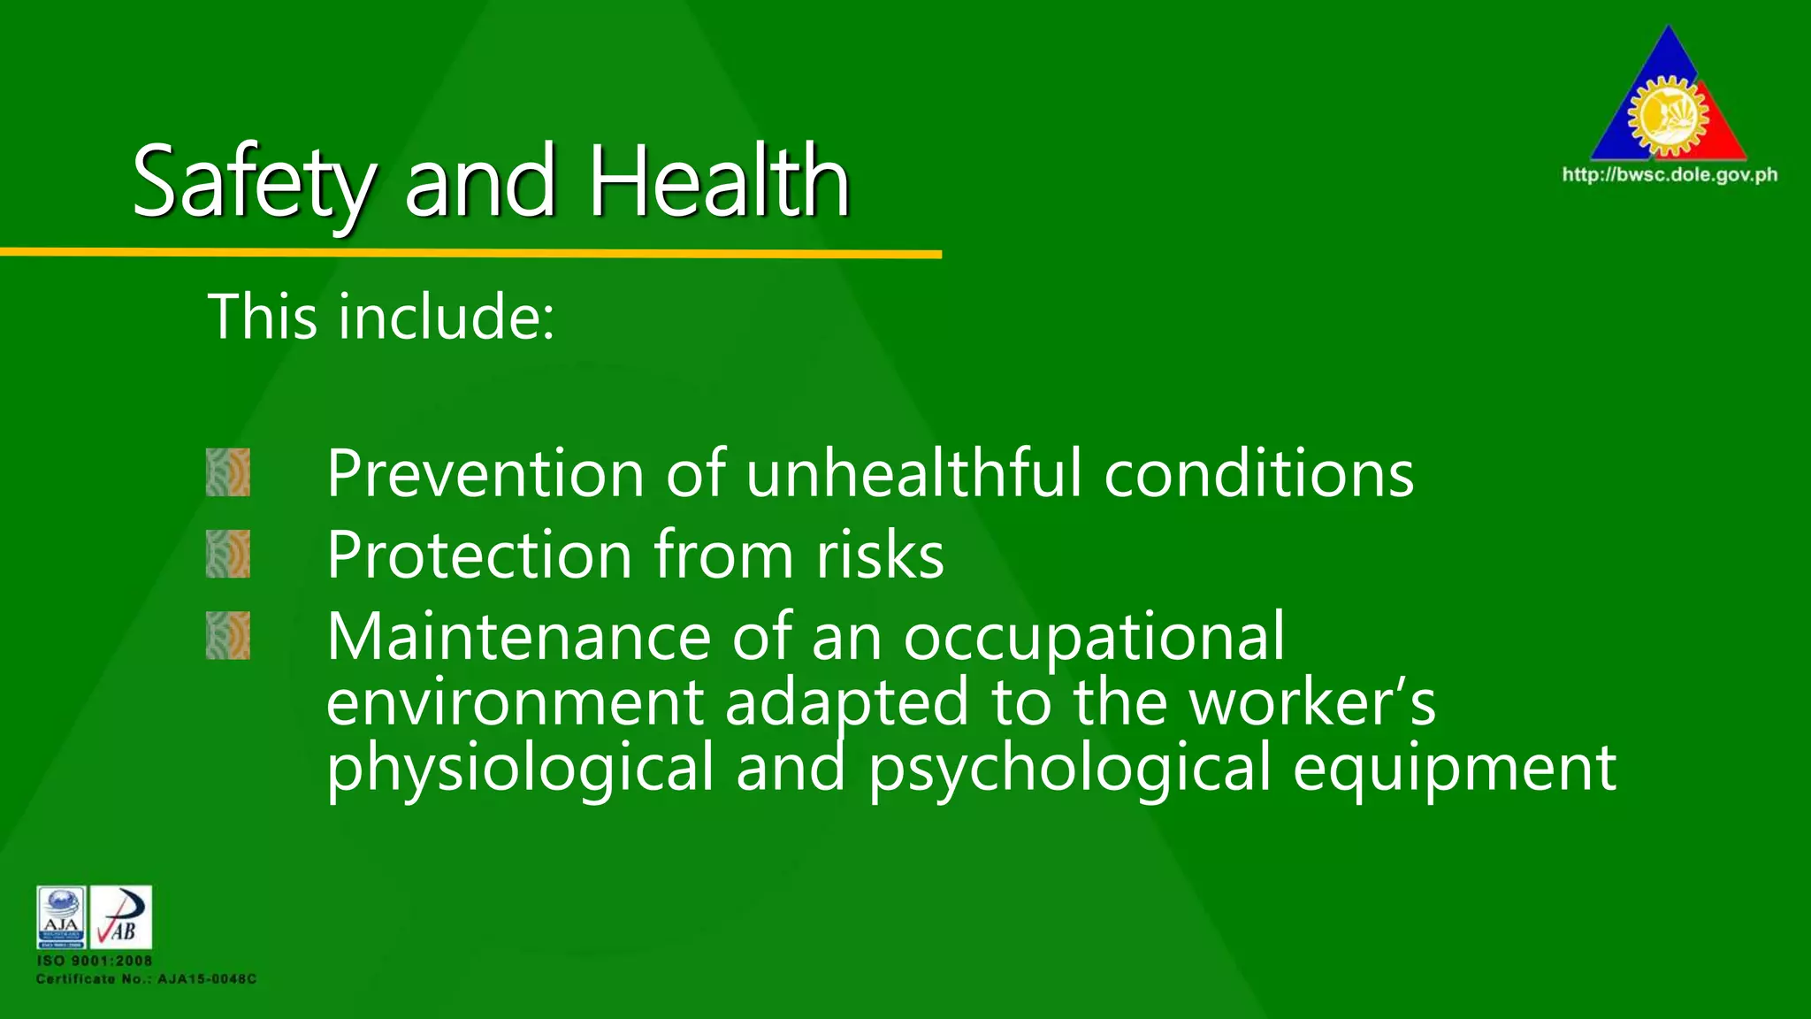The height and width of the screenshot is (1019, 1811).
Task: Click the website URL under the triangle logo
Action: tap(1670, 174)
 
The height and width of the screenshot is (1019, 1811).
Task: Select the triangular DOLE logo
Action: tap(1669, 97)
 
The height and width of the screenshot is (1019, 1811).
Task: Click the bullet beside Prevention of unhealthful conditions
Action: tap(228, 472)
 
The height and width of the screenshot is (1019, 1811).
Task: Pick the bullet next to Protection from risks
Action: tap(228, 554)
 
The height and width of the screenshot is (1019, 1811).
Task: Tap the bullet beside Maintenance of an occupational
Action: tap(228, 635)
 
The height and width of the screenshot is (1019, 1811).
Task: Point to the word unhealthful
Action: tap(914, 474)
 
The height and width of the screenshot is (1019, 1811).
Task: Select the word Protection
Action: tap(479, 555)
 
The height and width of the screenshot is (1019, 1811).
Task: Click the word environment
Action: tap(515, 702)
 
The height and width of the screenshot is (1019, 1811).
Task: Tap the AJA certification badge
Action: tap(61, 916)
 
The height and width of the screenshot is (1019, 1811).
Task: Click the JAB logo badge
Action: tap(121, 916)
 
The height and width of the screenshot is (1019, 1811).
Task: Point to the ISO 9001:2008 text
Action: tap(95, 961)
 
